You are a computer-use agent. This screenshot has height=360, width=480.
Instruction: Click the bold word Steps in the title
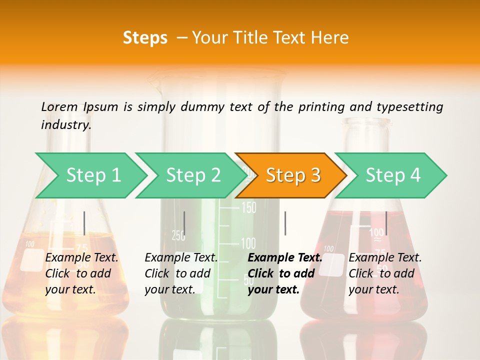pyautogui.click(x=145, y=38)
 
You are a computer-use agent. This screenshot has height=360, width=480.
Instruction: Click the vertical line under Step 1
pyautogui.click(x=84, y=223)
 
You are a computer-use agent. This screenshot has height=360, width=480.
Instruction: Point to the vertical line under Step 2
pyautogui.click(x=184, y=223)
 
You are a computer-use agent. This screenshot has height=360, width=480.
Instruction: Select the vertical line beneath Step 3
pyautogui.click(x=285, y=223)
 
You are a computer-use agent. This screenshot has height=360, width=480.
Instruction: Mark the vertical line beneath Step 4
pyautogui.click(x=386, y=223)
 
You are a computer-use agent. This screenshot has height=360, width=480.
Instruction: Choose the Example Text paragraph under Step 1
pyautogui.click(x=81, y=273)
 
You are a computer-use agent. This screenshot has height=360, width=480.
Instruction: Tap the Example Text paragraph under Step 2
pyautogui.click(x=181, y=273)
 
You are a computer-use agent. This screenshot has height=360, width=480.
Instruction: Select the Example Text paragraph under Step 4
pyautogui.click(x=385, y=273)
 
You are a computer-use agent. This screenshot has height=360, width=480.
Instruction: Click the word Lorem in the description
pyautogui.click(x=59, y=107)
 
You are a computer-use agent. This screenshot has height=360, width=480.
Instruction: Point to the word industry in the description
pyautogui.click(x=66, y=125)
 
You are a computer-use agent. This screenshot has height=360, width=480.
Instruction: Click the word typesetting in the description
pyautogui.click(x=409, y=107)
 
